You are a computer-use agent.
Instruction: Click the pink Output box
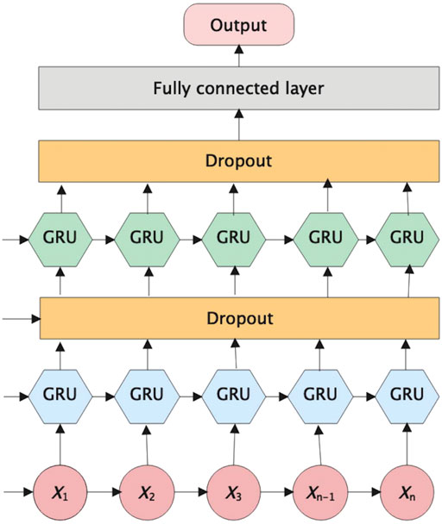(x=239, y=24)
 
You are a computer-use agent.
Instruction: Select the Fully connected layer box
(x=239, y=88)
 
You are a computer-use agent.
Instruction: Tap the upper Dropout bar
(x=239, y=161)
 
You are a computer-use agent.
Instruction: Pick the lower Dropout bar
(x=239, y=318)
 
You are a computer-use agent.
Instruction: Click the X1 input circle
(x=60, y=492)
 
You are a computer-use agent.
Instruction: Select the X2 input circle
(x=147, y=492)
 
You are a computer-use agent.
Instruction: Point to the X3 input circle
(x=234, y=492)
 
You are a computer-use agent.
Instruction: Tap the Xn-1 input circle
(x=320, y=492)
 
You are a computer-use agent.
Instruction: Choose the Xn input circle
(x=407, y=492)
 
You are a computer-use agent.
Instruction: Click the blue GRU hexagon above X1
(x=60, y=396)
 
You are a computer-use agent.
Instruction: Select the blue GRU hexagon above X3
(x=234, y=396)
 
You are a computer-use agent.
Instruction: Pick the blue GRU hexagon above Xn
(x=407, y=396)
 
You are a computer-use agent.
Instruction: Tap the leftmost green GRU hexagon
(x=60, y=240)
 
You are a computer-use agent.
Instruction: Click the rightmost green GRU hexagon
(x=407, y=240)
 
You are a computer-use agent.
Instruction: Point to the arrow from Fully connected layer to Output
(x=239, y=56)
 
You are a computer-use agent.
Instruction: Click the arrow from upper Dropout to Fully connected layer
(x=239, y=125)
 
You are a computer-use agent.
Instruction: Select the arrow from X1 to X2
(x=104, y=492)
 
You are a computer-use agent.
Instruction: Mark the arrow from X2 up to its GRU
(x=148, y=445)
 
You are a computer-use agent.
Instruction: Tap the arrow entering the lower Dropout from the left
(x=22, y=319)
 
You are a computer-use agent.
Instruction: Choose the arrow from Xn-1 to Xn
(x=364, y=492)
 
